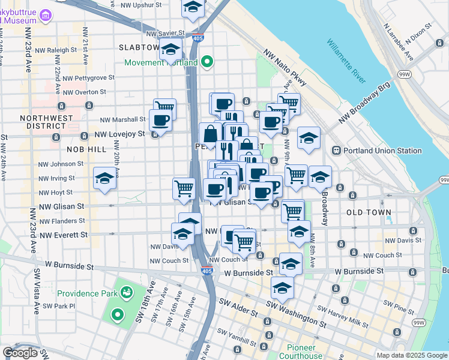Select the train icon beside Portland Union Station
(337, 150)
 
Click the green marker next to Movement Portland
(208, 62)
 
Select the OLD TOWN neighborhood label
(369, 212)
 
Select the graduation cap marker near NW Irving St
(104, 178)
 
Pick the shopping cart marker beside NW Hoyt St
(184, 188)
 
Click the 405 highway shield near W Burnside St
(206, 271)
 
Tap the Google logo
(20, 353)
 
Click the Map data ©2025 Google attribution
(411, 355)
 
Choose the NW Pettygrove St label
(88, 78)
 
